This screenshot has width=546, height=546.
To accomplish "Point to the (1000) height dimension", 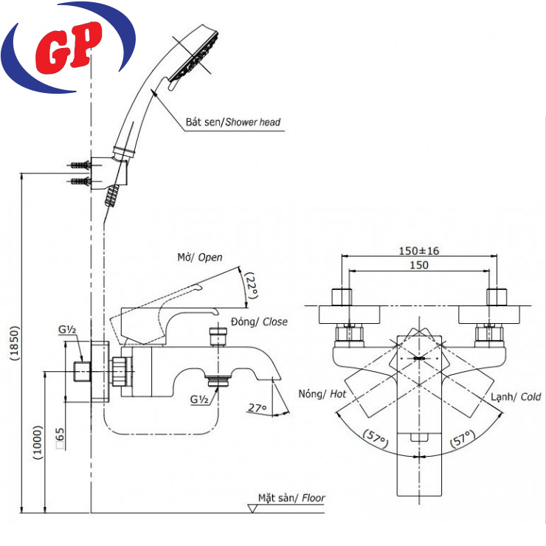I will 36,443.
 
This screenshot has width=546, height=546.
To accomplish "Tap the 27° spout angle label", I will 256,406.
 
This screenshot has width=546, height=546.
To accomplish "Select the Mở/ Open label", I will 199,258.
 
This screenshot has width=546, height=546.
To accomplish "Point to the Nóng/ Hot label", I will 323,395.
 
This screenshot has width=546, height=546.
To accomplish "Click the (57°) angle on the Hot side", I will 377,440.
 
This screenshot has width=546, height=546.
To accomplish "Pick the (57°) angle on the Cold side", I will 462,440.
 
